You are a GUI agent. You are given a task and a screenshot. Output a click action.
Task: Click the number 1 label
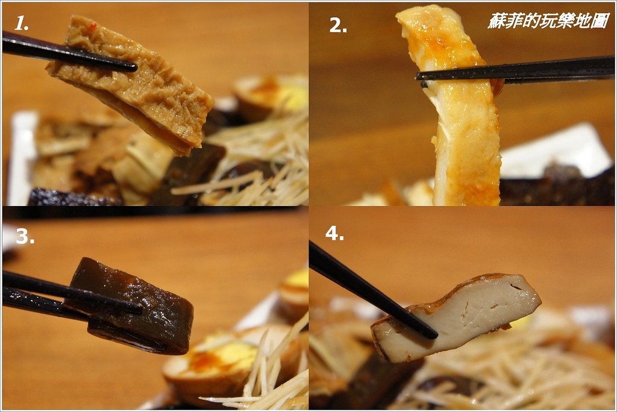tap(20, 23)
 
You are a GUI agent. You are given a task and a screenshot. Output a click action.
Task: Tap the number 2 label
tap(337, 25)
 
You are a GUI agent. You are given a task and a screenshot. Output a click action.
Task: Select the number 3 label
tap(25, 236)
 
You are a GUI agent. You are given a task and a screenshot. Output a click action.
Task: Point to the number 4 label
tap(334, 233)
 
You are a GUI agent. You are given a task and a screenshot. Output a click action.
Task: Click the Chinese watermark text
tap(548, 20)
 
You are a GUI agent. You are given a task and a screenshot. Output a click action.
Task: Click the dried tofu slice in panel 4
tap(457, 317)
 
